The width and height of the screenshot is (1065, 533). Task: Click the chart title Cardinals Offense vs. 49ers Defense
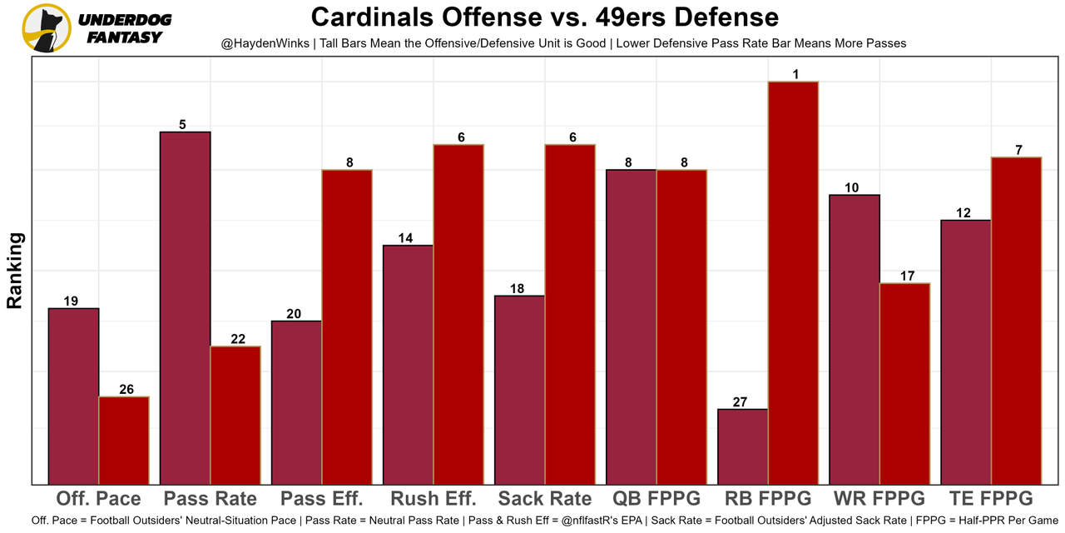545,17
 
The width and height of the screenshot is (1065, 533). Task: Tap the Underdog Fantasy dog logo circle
46,28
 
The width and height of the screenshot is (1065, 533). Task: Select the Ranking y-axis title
15,271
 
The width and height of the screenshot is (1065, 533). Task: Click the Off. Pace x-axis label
98,499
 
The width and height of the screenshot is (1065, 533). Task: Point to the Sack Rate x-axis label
545,499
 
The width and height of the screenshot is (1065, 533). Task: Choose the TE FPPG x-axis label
990,499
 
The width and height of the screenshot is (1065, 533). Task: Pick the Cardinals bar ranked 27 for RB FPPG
742,446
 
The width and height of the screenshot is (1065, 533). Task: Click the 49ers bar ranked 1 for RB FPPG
793,283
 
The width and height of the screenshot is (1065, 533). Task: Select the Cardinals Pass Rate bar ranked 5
185,308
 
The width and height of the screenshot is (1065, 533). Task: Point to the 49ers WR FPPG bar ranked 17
904,383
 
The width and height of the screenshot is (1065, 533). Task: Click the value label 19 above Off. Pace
71,301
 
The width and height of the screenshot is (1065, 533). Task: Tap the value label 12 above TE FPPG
963,213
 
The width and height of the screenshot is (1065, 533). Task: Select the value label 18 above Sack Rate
517,289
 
